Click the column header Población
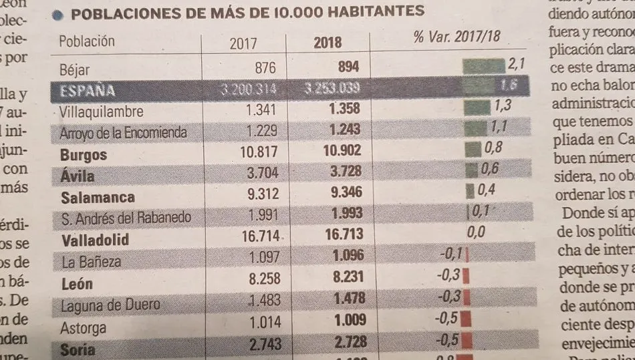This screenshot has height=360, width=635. coord(87,41)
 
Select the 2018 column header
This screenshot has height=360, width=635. coord(328,43)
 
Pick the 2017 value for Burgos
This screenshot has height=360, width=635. coord(260,153)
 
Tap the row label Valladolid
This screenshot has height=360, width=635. coord(94,240)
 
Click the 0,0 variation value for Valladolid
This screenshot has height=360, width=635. coord(475,232)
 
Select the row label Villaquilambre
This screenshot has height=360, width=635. coord(101,112)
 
